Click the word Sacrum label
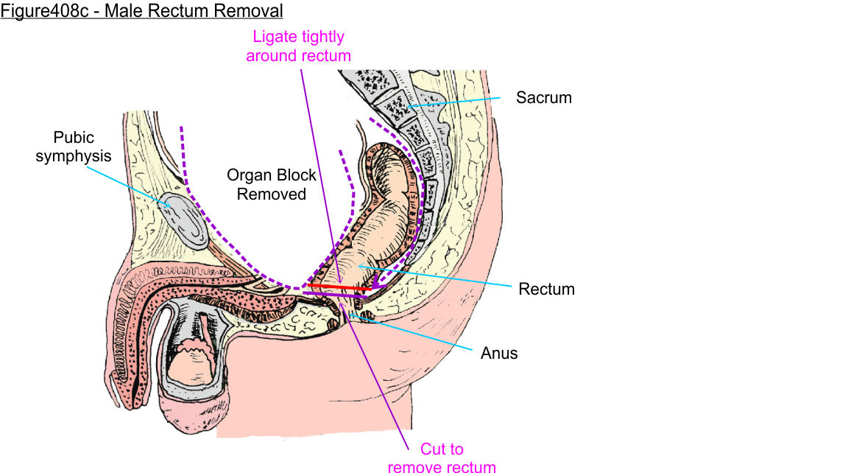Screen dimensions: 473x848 [543, 97]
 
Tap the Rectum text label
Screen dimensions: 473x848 [546, 289]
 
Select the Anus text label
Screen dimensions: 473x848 [499, 354]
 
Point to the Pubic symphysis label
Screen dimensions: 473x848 [74, 147]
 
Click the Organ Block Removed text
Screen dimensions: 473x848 [271, 185]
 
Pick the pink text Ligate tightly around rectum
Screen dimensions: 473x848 [298, 46]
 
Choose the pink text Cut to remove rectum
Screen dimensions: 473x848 [442, 458]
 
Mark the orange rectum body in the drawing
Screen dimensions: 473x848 [383, 221]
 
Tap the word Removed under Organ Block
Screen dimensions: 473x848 [271, 195]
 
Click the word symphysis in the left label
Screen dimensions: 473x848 [74, 156]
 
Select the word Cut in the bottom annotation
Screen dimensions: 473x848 [433, 449]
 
